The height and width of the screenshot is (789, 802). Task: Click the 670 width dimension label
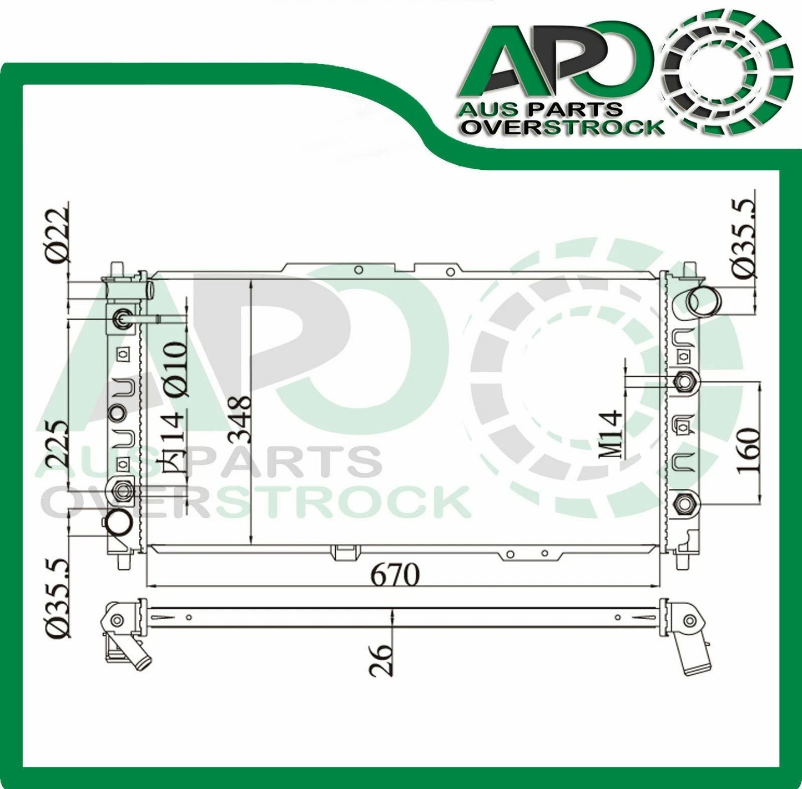pyautogui.click(x=395, y=575)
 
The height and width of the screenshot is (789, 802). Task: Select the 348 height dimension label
pyautogui.click(x=240, y=419)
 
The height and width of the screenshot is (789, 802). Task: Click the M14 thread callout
pyautogui.click(x=611, y=435)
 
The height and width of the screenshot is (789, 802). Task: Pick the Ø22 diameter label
pyautogui.click(x=58, y=235)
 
